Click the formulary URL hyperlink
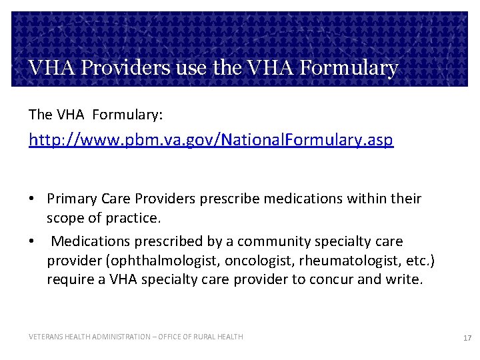(x=211, y=140)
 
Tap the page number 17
(x=467, y=338)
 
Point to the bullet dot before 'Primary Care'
(x=32, y=199)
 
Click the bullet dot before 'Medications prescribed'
(x=32, y=241)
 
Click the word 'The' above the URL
(x=40, y=115)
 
